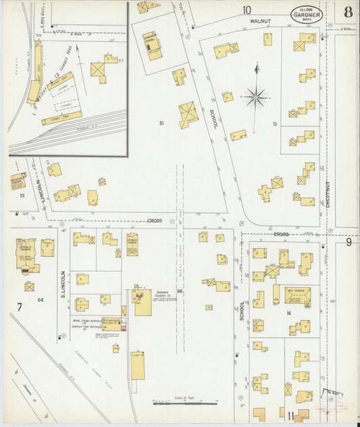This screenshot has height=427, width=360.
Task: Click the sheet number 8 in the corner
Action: click(347, 12)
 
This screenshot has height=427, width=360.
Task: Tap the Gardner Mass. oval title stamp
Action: click(307, 14)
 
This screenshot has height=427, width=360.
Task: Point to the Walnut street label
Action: click(260, 22)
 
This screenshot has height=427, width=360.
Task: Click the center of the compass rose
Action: click(255, 97)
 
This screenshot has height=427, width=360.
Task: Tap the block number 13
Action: click(275, 124)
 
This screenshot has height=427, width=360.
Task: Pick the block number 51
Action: click(161, 123)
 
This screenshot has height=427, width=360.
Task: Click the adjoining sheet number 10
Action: click(247, 9)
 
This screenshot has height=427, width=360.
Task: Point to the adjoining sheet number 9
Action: click(349, 241)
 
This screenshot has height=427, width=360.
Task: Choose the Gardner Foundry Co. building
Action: click(143, 301)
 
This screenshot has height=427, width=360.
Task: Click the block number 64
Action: click(41, 299)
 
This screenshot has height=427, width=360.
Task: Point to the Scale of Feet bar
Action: click(184, 401)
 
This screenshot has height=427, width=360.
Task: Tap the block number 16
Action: click(288, 313)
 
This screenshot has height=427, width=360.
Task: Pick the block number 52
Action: click(22, 196)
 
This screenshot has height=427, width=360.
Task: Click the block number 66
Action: click(180, 291)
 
